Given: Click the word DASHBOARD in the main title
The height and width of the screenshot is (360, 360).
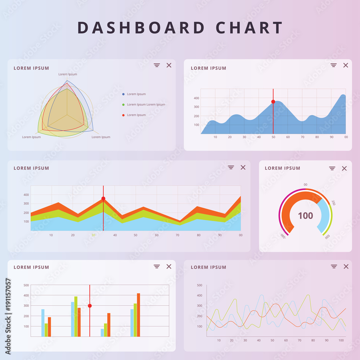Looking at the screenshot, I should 141,28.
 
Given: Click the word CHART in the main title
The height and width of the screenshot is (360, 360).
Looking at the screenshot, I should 249,28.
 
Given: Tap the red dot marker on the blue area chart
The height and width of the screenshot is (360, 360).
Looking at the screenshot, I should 273,102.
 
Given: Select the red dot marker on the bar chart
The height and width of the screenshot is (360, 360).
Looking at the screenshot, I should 90,306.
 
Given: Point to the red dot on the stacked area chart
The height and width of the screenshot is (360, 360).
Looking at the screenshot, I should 103,198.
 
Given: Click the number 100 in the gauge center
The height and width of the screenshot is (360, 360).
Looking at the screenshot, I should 305,216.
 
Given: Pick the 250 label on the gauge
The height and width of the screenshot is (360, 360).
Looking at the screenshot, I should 333,202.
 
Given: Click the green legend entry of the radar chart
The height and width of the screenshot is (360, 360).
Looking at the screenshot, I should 146,105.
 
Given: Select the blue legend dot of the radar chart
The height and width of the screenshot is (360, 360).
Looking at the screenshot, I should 123,94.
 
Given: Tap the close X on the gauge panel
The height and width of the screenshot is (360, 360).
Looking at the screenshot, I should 344,168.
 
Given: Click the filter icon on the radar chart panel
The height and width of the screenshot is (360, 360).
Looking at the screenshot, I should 157,65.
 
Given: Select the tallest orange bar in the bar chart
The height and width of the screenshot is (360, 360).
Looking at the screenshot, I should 138,315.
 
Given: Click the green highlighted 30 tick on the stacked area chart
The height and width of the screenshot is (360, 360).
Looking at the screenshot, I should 93,235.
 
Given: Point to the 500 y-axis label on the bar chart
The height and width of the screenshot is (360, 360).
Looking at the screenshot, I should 26,285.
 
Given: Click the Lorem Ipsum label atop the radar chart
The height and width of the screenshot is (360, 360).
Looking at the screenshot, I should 68,74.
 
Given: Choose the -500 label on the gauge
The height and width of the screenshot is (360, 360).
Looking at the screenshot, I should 283,236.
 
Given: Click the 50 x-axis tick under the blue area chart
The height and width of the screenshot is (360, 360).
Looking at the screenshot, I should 273,137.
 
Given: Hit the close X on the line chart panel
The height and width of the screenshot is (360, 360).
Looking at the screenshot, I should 346,266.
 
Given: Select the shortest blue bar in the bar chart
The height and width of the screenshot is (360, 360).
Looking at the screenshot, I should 102,332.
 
